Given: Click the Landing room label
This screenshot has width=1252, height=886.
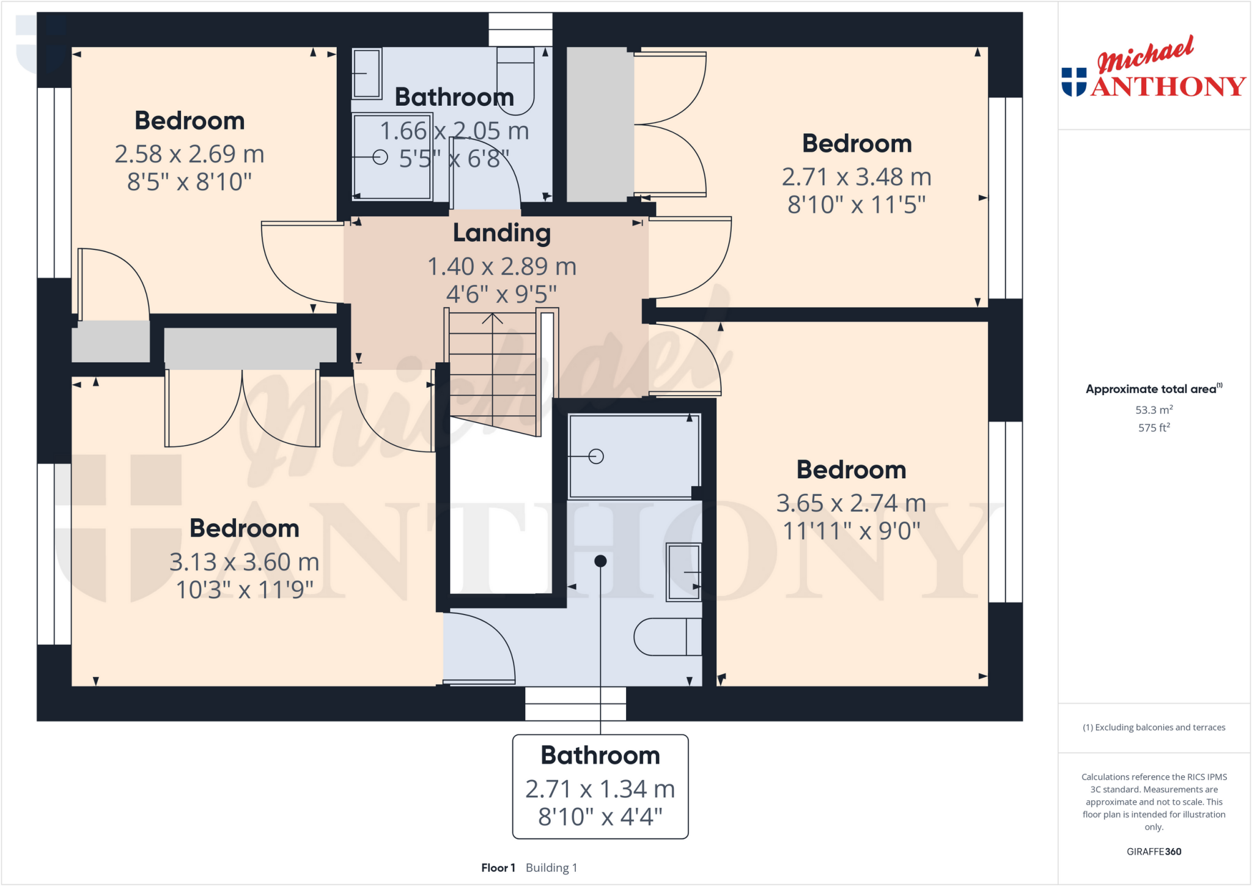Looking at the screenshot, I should point(501,233).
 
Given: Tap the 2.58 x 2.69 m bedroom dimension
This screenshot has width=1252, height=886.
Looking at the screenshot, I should point(190,154).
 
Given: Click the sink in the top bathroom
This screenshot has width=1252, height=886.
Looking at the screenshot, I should point(367,73).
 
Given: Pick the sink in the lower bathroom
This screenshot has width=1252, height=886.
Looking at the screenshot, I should point(683,572).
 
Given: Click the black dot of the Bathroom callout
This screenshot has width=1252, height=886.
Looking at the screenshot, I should point(600,561).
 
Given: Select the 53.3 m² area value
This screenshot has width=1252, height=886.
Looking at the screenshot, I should point(1154,410).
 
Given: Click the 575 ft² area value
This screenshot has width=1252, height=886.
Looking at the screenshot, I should point(1154,427).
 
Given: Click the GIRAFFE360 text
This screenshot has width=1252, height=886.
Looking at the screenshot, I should point(1154,851).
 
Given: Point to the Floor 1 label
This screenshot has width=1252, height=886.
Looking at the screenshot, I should point(498,868).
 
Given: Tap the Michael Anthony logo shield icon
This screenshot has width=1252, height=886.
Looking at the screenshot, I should point(1074,82).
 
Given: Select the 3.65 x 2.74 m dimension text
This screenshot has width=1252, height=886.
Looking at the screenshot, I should point(851,503).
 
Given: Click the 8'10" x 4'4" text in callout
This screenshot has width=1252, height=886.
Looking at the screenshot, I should point(600,817).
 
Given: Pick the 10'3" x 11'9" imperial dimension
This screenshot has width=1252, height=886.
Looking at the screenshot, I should point(245,590).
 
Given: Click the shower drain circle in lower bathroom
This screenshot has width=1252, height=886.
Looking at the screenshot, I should point(596,456).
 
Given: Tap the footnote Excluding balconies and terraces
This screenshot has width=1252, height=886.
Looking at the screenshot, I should point(1154,727).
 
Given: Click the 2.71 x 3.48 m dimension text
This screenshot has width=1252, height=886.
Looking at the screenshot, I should point(856,177).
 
